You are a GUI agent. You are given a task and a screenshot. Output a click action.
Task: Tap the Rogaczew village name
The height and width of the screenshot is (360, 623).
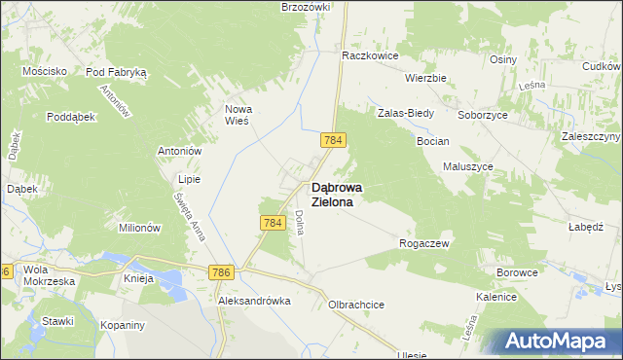point(424,244)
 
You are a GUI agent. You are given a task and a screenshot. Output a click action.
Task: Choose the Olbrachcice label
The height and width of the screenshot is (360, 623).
point(357,305)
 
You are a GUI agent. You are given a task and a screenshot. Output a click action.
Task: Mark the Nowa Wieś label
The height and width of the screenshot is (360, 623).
point(238,115)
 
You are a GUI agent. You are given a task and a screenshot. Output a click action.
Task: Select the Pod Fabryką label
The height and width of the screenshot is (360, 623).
point(116,72)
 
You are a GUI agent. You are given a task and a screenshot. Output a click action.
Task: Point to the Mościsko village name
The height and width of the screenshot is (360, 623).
point(46,71)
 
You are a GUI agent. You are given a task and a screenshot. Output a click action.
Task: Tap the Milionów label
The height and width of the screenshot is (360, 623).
point(138,227)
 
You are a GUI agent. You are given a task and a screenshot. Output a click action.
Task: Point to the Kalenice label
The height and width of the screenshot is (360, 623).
point(495,296)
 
